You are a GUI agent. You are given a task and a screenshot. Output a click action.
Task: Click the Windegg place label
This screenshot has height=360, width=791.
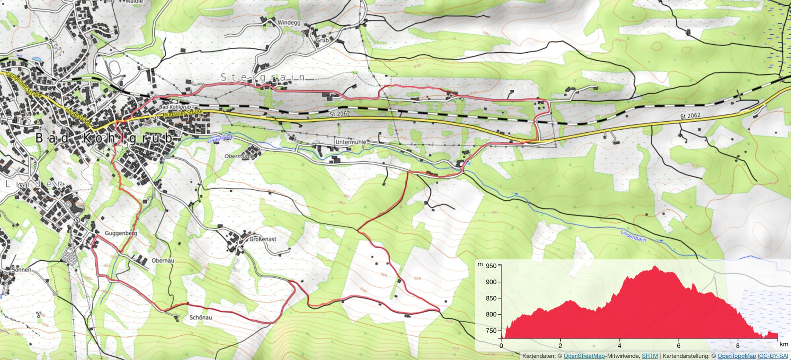tap(289, 22)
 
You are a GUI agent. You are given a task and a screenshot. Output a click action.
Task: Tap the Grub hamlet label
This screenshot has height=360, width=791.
tap(322, 40)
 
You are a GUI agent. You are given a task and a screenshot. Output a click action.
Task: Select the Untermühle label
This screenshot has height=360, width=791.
tap(351, 142)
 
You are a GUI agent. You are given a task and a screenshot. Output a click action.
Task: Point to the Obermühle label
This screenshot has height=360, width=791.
tap(239, 156)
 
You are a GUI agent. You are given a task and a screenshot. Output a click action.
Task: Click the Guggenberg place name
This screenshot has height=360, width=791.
tap(121, 233)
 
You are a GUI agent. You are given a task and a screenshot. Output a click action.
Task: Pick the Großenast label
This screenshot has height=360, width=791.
tap(263, 239)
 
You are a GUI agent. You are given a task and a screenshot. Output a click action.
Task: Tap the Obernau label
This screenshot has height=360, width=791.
tap(163, 261)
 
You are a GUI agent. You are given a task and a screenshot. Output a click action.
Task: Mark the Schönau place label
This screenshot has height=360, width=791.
tap(200, 317)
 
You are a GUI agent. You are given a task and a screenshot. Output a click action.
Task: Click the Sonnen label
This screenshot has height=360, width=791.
tap(21, 269)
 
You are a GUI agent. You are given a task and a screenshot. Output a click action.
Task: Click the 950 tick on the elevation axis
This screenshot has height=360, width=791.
tap(491, 266)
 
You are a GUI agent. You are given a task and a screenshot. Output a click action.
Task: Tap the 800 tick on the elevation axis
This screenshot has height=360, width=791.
tap(491, 314)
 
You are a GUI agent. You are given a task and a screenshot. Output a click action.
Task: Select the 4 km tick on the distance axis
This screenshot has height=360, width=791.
tap(620, 346)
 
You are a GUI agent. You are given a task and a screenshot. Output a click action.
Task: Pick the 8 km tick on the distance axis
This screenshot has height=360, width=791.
tap(738, 346)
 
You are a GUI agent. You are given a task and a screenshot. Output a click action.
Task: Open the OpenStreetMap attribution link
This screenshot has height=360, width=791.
tap(584, 356)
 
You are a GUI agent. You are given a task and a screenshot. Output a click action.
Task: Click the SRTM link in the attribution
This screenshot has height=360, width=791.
tap(649, 356)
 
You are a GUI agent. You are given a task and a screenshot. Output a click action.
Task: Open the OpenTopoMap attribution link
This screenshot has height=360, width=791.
tap(737, 356)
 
